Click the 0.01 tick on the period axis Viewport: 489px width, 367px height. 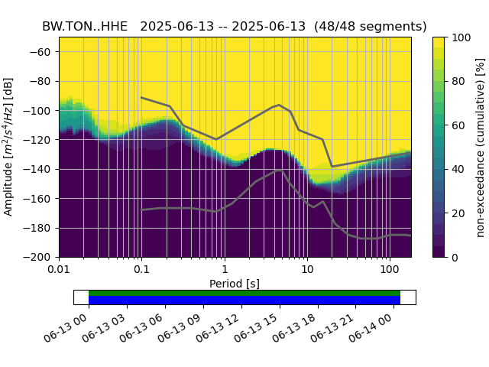point(59,269)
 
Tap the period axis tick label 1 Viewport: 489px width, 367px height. point(224,269)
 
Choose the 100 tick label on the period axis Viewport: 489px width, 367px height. point(390,269)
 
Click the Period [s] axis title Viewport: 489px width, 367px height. point(235,284)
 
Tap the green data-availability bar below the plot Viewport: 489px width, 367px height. point(244,293)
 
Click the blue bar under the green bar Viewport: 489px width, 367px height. point(244,300)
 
